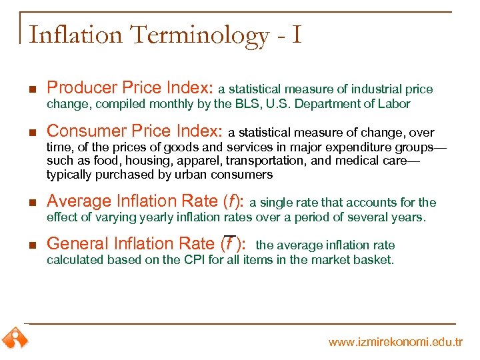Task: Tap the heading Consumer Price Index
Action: point(137,131)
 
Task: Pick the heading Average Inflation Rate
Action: point(145,201)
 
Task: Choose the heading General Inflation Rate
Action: point(145,244)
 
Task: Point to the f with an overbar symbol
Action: point(229,243)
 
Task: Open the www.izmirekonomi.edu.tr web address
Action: point(395,342)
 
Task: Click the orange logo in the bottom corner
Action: point(15,338)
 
